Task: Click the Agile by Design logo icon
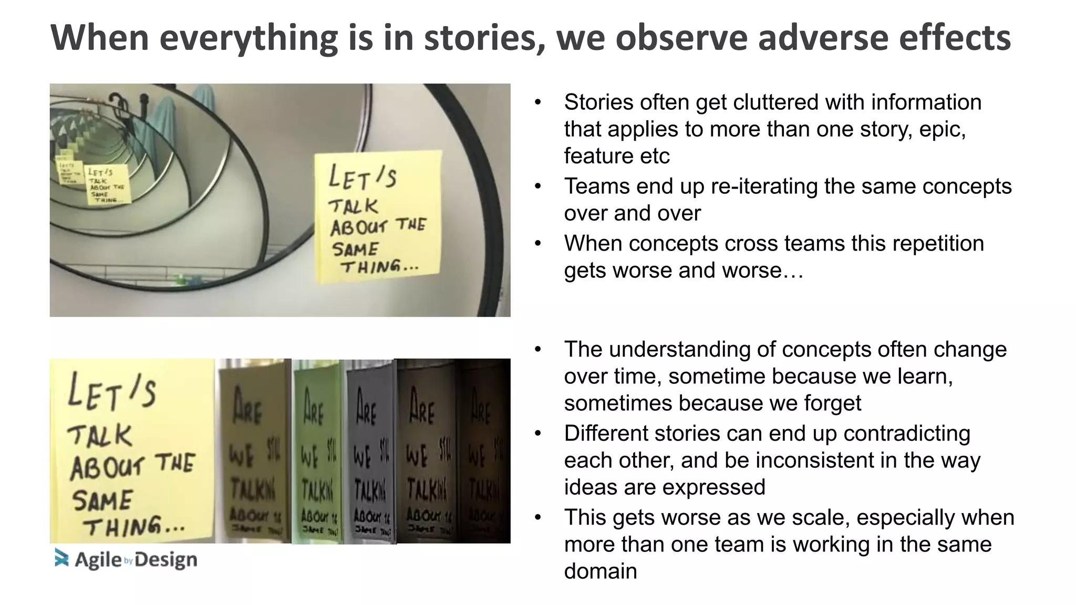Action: pos(61,558)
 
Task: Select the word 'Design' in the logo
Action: pos(166,560)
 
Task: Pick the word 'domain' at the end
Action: pos(600,571)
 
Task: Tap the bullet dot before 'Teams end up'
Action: pos(537,186)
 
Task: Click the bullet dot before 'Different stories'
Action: pos(537,434)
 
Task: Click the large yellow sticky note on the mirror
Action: pos(377,216)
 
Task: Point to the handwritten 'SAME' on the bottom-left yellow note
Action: pos(102,500)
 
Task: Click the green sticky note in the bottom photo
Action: pos(318,452)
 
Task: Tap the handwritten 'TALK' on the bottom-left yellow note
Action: pos(100,435)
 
